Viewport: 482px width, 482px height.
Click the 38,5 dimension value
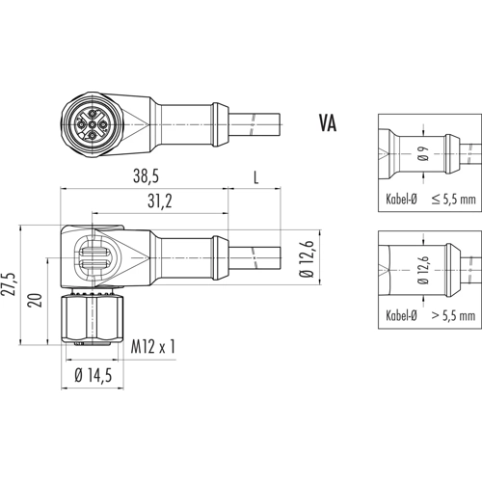click(x=147, y=176)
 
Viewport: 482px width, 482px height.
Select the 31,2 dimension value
click(x=160, y=201)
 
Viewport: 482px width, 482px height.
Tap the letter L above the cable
click(x=255, y=177)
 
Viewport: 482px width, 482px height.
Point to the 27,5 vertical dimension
click(x=11, y=285)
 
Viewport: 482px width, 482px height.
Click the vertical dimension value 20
click(x=36, y=300)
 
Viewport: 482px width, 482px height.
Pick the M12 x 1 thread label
click(x=153, y=347)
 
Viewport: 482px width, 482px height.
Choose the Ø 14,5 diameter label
click(x=94, y=375)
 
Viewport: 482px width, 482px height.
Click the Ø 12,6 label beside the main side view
click(x=307, y=258)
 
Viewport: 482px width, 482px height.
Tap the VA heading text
click(x=328, y=123)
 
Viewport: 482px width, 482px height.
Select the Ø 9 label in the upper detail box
click(x=424, y=153)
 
